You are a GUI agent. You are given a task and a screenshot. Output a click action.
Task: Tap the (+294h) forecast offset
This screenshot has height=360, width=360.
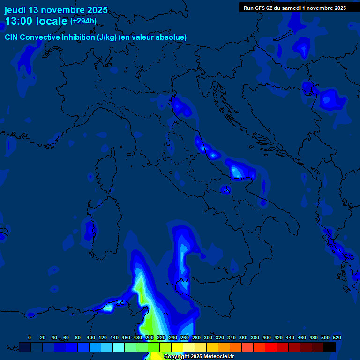(x=83, y=21)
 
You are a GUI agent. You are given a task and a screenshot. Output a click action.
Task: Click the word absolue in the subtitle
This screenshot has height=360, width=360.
(x=173, y=37)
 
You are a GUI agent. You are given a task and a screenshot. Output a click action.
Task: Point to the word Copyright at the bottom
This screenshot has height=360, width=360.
(x=176, y=357)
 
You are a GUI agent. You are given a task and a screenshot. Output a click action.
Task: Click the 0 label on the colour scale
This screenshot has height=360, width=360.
(x=30, y=337)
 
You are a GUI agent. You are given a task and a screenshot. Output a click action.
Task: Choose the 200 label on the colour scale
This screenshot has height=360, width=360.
(x=149, y=337)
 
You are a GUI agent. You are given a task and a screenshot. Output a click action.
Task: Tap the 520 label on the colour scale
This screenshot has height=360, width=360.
(x=337, y=337)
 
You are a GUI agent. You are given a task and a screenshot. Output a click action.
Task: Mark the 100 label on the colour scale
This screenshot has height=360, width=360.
(x=90, y=337)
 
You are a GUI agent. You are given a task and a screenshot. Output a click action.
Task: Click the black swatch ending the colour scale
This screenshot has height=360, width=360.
(x=330, y=347)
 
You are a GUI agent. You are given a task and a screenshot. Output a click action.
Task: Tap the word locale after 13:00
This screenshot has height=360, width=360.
(x=52, y=21)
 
